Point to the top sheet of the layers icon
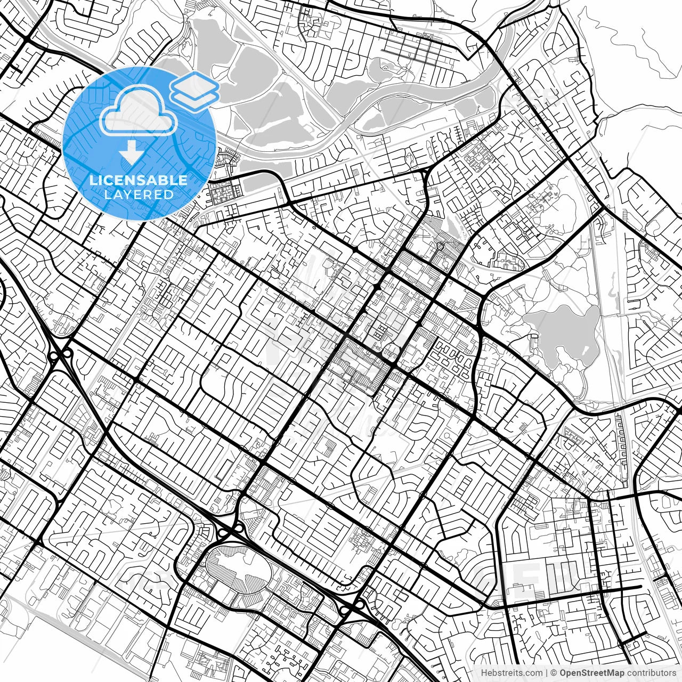click(x=194, y=84)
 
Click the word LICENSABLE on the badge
click(x=139, y=180)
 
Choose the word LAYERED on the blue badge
click(x=139, y=195)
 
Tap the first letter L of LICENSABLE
click(x=92, y=180)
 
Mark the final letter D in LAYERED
click(x=169, y=195)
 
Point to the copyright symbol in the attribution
click(x=554, y=673)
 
